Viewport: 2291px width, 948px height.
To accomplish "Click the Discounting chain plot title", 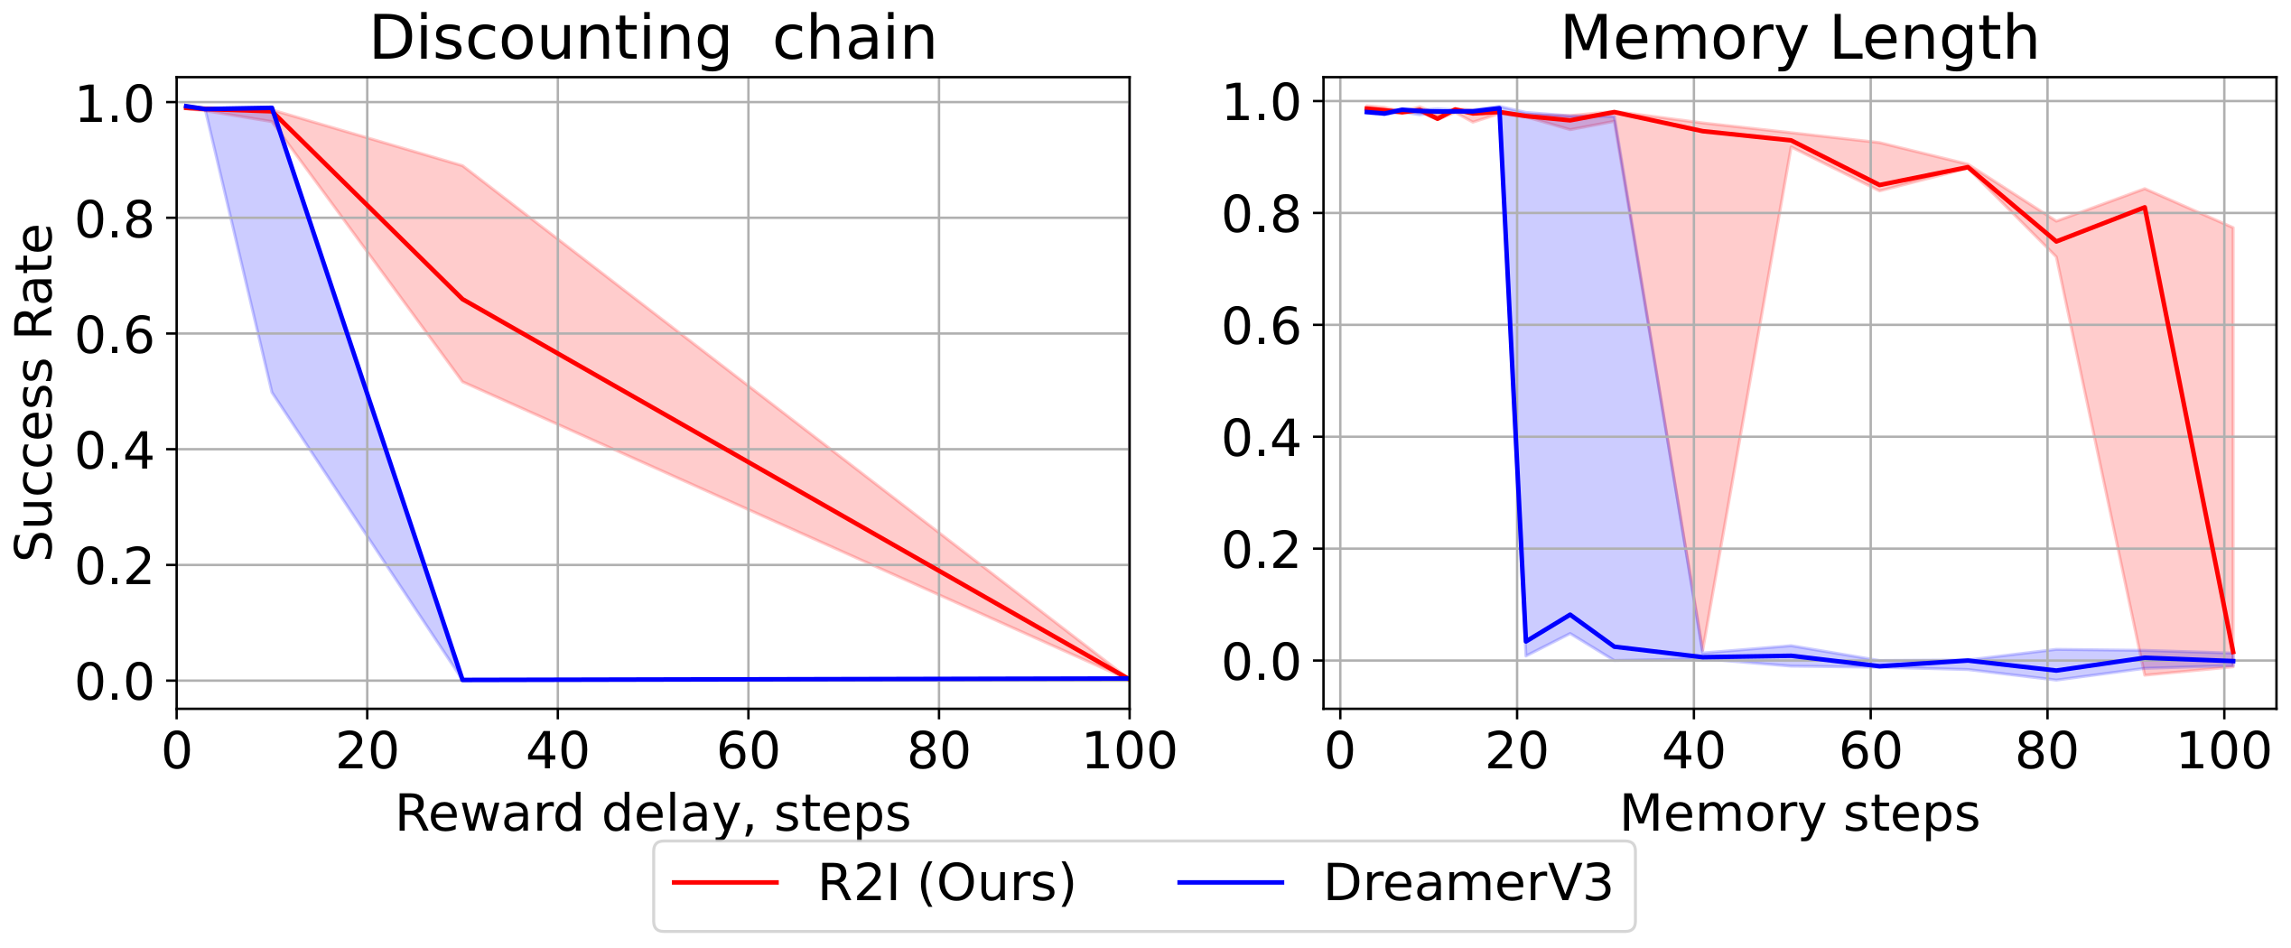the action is coord(653,39).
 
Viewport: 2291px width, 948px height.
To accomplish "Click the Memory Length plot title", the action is coord(1799,39).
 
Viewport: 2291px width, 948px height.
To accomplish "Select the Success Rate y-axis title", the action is coord(34,393).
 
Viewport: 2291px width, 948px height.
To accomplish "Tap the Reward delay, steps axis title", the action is coord(653,813).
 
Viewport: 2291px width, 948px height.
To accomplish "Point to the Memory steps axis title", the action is coord(1800,813).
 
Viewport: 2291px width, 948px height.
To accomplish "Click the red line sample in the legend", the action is coord(725,882).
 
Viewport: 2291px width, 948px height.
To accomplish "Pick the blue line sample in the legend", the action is coord(1231,882).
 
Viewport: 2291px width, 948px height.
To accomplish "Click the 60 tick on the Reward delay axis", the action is coord(748,751).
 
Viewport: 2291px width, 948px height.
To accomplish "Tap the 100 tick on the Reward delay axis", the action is coord(1129,751).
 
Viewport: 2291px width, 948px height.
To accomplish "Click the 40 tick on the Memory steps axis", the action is coord(1693,751).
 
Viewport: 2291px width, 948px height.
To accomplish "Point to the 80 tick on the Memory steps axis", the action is coord(2047,751).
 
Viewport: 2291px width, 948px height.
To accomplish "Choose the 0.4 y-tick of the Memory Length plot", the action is coord(1261,438).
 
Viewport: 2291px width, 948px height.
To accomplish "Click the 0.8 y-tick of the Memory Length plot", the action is coord(1261,214).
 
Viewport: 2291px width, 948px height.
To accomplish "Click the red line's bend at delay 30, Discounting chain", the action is coord(462,299).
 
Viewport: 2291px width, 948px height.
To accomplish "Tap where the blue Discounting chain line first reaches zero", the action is coord(462,680).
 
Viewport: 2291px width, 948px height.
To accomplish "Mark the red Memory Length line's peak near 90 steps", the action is coord(2145,208).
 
